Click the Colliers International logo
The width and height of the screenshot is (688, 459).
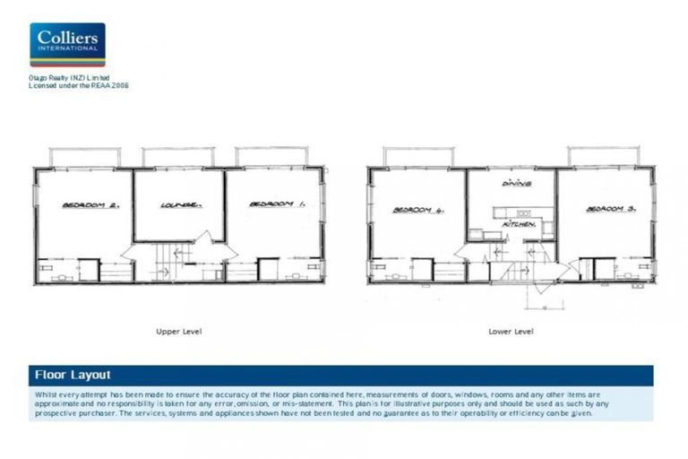click(67, 45)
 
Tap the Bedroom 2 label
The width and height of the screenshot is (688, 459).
click(85, 205)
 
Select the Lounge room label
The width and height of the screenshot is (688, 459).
click(180, 205)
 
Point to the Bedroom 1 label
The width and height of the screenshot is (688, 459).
click(277, 204)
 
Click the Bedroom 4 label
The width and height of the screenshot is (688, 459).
click(417, 211)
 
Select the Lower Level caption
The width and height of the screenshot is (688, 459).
click(511, 331)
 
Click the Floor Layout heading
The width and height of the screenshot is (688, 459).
click(73, 375)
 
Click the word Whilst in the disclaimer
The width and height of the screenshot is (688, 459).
click(46, 394)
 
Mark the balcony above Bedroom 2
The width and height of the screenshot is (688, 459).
click(85, 158)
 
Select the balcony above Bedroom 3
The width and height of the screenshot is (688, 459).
click(606, 157)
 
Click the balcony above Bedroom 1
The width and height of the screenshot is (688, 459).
click(272, 158)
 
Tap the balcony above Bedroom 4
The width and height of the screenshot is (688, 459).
click(417, 158)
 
